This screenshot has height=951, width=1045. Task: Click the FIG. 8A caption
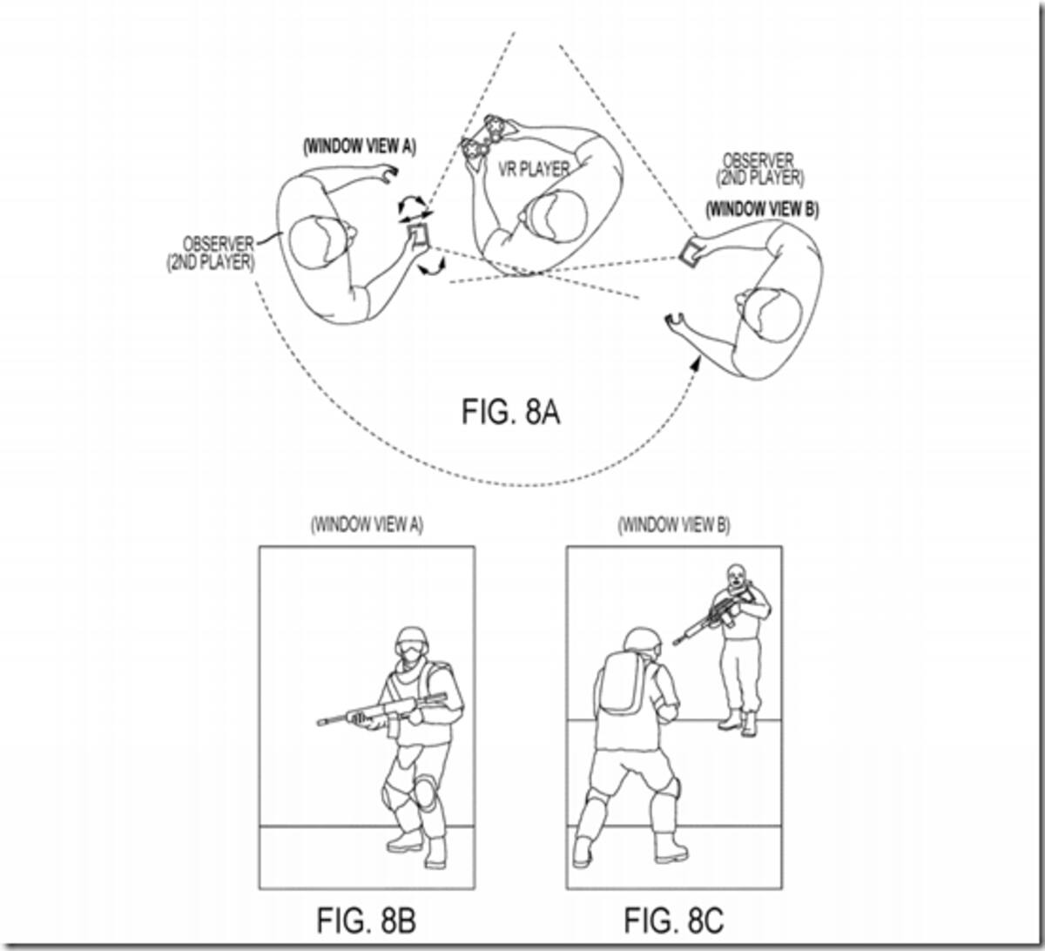point(510,412)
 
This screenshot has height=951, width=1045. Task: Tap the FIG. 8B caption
point(367,921)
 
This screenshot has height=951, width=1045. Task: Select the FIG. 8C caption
point(674,921)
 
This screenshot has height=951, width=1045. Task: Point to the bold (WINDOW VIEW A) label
point(360,146)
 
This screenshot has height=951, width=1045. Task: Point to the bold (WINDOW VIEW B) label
point(762,210)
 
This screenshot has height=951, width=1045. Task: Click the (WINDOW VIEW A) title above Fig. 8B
point(367,524)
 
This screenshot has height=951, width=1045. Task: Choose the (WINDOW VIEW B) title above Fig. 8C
point(674,524)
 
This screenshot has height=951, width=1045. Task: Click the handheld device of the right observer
point(691,253)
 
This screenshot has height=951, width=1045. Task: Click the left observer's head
point(320,243)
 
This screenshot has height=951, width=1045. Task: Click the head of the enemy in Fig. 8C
point(735,575)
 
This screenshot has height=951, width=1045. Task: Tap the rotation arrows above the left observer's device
point(415,208)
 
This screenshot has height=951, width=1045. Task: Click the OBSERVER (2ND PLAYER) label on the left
point(211,253)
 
